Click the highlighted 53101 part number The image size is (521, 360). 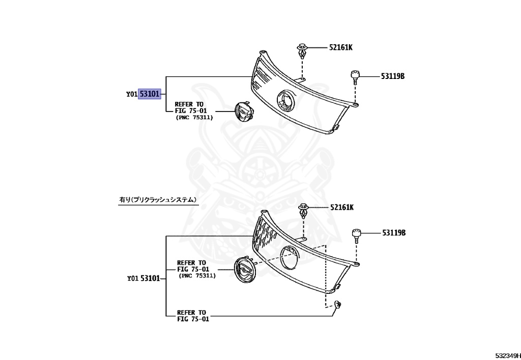point(150,94)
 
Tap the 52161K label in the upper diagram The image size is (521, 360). point(340,47)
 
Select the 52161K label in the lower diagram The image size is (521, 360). point(341,207)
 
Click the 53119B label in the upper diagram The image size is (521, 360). point(392,76)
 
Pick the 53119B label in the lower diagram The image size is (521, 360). point(394,233)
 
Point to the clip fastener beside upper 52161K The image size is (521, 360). point(302,51)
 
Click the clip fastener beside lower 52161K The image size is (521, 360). point(304,210)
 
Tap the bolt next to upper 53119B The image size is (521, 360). point(355,77)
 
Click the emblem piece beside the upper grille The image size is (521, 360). point(244,112)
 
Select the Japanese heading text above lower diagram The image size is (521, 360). point(158,200)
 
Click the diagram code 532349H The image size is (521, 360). point(507,354)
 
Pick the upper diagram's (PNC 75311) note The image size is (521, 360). point(194,118)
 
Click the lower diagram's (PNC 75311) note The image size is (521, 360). point(197,275)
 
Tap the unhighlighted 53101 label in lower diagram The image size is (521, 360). point(150,279)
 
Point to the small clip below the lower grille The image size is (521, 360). point(337,306)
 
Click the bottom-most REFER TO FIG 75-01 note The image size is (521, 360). point(192,316)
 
